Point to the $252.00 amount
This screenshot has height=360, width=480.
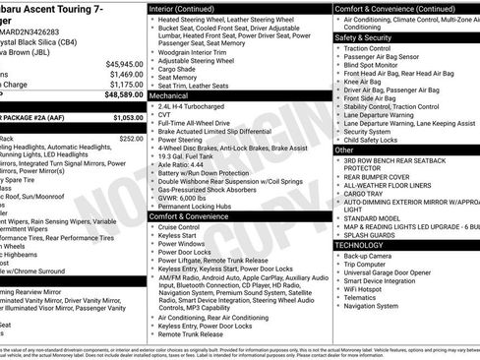click(x=130, y=139)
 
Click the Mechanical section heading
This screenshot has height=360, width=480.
click(x=169, y=96)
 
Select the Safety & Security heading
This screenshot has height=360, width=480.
click(x=363, y=37)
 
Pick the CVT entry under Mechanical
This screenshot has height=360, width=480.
click(x=164, y=117)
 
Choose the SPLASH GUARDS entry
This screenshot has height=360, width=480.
click(x=370, y=234)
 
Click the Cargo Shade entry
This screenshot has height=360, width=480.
click(x=177, y=69)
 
